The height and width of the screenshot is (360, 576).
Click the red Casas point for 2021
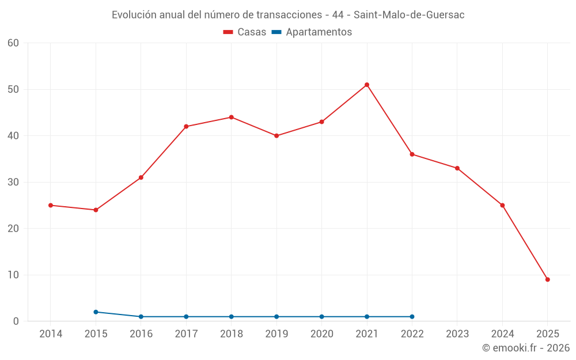[367, 85]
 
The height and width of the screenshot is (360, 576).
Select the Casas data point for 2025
[548, 279]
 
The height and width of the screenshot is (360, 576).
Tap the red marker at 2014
[51, 205]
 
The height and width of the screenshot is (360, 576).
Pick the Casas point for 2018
[232, 117]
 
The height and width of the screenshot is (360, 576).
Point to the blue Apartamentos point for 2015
[96, 312]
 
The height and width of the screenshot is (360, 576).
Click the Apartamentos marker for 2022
[412, 316]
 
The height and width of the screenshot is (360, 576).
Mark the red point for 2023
[457, 168]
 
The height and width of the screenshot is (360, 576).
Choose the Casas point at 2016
[141, 177]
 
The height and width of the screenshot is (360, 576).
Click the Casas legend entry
[245, 32]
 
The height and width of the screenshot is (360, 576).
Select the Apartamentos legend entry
[312, 32]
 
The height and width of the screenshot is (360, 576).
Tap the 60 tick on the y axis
[13, 43]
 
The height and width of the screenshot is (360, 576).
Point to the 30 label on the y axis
[13, 182]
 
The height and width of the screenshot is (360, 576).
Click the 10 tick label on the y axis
[13, 275]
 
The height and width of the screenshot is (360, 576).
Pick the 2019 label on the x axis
[276, 334]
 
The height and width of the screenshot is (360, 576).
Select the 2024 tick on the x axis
[502, 334]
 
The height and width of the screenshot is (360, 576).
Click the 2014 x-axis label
[51, 334]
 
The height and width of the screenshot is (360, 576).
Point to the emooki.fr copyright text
[526, 348]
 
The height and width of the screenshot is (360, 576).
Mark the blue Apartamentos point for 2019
[276, 316]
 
